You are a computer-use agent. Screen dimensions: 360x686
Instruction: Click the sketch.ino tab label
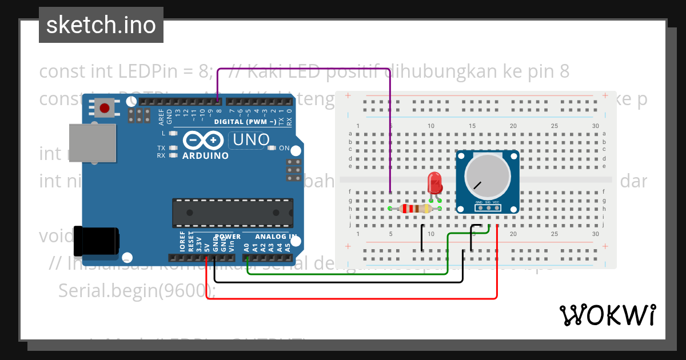pyautogui.click(x=101, y=25)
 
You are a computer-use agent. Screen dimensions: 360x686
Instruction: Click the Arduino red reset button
pyautogui.click(x=104, y=108)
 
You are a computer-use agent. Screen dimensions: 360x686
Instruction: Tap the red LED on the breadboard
pyautogui.click(x=435, y=184)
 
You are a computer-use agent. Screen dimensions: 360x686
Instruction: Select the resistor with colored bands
pyautogui.click(x=416, y=209)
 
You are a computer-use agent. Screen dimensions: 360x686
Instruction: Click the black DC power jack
pyautogui.click(x=96, y=241)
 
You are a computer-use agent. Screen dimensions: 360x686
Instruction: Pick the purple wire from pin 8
pyautogui.click(x=303, y=67)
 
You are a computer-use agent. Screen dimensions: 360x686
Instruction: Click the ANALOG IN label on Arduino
pyautogui.click(x=276, y=237)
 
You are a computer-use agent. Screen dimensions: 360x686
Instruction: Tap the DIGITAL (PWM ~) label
pyautogui.click(x=253, y=122)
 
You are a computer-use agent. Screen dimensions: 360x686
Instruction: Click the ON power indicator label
pyautogui.click(x=284, y=148)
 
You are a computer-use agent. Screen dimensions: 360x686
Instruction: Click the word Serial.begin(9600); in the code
pyautogui.click(x=137, y=290)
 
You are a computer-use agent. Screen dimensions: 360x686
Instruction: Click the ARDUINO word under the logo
pyautogui.click(x=205, y=155)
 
